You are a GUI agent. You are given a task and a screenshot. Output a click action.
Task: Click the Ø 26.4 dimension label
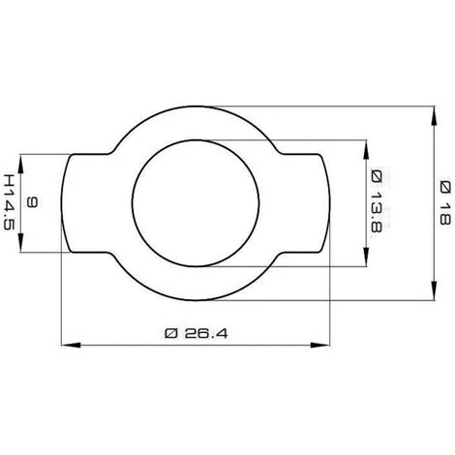[x=197, y=333]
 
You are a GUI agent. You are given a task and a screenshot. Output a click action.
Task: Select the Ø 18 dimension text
[x=445, y=203]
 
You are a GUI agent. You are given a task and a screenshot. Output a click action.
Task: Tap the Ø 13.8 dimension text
[x=377, y=201]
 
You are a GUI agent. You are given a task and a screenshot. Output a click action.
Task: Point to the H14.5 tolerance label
[x=9, y=202]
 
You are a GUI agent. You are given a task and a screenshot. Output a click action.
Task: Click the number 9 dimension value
[x=32, y=202]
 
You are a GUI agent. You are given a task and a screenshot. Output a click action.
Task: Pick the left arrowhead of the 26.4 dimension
[x=71, y=345]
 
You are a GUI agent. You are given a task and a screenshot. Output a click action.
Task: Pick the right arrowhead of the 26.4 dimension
[x=320, y=345]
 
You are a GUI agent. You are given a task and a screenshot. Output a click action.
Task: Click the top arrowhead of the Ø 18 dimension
[x=435, y=115]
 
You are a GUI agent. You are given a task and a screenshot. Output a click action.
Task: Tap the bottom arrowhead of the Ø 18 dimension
[x=435, y=290]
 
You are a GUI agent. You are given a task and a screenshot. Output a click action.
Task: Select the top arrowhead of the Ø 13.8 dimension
[x=366, y=149]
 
